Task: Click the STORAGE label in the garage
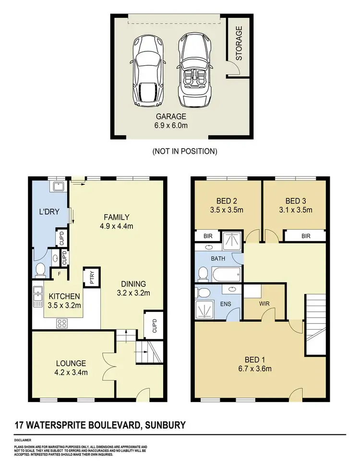[239, 43]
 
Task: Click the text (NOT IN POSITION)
[185, 151]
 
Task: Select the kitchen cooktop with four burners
[62, 323]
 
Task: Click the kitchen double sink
[37, 296]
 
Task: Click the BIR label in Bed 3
[305, 236]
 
